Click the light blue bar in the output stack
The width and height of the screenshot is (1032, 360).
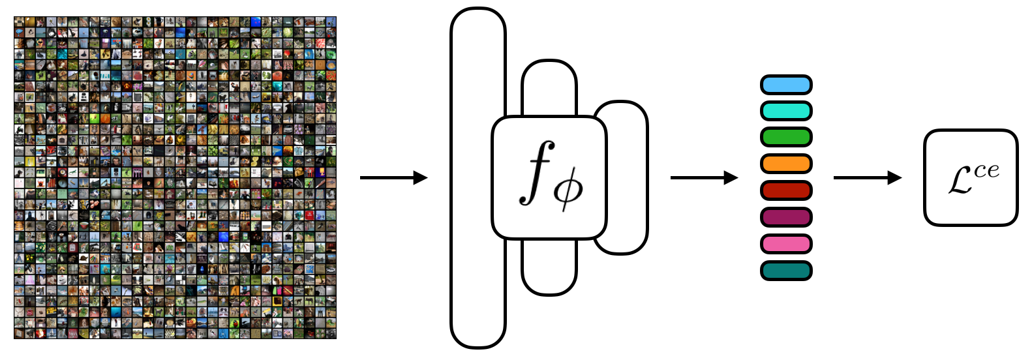point(786,85)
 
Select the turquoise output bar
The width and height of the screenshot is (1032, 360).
point(786,111)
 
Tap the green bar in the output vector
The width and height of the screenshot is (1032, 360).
point(786,138)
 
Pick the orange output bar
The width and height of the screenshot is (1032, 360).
point(786,164)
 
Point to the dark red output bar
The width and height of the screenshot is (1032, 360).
point(786,190)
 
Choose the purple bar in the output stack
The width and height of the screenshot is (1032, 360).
point(786,217)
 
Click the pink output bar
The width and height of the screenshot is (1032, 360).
point(786,244)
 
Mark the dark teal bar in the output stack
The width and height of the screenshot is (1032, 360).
point(786,270)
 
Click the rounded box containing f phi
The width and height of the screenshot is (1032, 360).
point(549,177)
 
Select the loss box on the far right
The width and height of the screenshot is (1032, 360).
point(971,177)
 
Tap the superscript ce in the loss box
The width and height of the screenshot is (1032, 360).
point(986,171)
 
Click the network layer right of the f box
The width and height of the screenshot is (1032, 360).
point(628,177)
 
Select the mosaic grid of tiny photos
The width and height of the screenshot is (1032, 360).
point(175,177)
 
